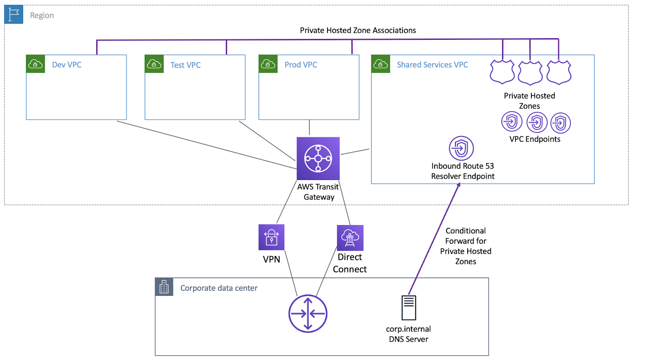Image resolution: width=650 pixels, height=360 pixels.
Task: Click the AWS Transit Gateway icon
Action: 318,158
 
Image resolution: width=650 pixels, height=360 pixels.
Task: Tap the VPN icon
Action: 271,237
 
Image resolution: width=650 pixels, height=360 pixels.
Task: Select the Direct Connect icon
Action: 350,238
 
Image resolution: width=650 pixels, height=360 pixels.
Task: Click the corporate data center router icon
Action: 308,314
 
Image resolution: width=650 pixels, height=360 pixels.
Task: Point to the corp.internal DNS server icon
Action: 409,308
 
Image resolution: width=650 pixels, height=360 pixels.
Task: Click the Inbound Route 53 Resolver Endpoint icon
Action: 461,148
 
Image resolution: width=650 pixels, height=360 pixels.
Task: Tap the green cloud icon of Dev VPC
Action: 35,64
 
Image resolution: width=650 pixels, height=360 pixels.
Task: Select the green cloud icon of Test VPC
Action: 154,64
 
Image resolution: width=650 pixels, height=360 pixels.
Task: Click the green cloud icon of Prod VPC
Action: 268,64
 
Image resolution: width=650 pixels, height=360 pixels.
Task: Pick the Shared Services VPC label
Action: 432,65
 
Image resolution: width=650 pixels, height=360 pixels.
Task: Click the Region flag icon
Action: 14,15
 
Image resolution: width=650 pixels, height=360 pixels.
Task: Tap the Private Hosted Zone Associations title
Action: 357,30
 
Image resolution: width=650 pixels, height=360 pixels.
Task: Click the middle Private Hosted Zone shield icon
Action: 530,73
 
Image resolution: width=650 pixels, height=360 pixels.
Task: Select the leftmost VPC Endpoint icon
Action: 511,121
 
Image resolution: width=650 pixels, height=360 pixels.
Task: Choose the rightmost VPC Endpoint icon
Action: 561,123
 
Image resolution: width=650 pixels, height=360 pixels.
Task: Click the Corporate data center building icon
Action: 164,287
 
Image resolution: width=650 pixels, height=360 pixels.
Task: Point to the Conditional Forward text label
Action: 466,246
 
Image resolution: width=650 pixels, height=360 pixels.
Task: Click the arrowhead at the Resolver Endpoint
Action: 459,185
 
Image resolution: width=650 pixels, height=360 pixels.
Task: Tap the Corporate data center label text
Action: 219,288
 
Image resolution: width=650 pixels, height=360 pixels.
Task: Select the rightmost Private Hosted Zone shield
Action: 559,72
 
